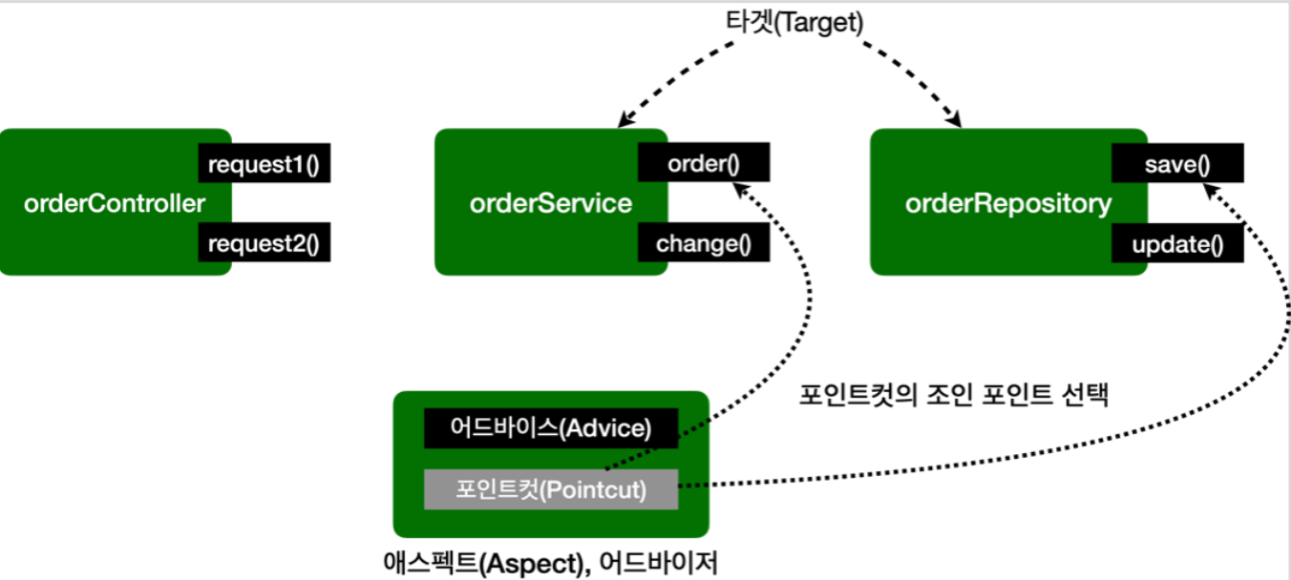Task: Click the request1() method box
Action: point(264,164)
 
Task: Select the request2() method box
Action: point(264,243)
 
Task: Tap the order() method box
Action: point(704,163)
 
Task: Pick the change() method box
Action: point(704,243)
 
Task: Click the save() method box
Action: point(1177,163)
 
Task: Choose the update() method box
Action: point(1177,244)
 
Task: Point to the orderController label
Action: point(116,203)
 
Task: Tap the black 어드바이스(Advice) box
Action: point(551,428)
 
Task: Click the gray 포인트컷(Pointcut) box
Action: point(551,489)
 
